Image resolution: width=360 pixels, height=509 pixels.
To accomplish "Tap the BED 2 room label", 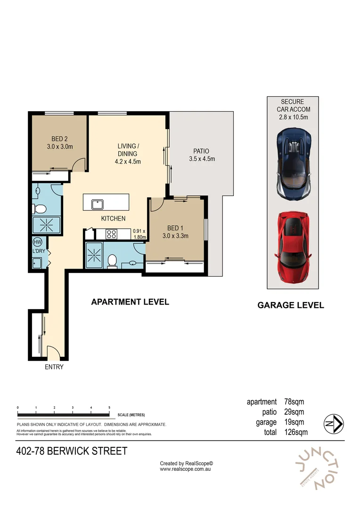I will coord(60,142).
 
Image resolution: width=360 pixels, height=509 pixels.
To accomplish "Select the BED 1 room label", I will coord(175,232).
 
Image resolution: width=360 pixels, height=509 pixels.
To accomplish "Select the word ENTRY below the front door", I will coord(54,367).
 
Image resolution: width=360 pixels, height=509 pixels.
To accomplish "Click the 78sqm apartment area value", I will coord(294,402).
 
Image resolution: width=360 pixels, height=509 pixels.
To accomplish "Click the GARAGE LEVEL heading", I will coord(291,305).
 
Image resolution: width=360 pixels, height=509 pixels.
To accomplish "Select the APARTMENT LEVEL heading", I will coord(130,302).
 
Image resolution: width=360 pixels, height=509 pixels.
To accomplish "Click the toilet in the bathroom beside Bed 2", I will coord(39,209).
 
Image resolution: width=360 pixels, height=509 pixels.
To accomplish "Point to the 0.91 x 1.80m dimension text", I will coord(139,234).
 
